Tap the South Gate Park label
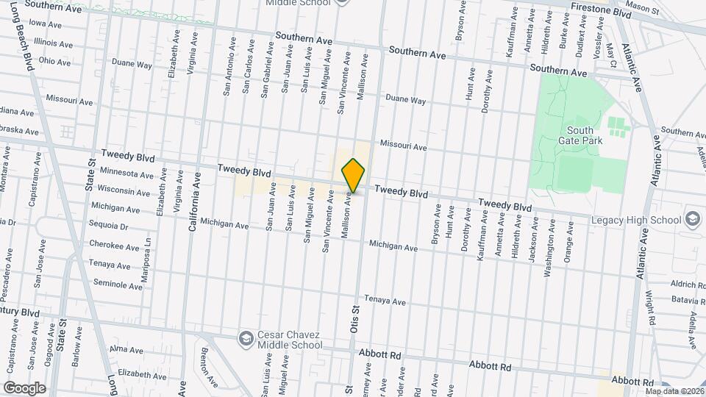(x=580, y=136)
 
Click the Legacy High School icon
(x=692, y=220)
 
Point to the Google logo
(x=24, y=387)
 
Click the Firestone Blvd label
(x=602, y=14)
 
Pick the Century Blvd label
(x=20, y=312)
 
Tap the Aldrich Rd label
(x=688, y=285)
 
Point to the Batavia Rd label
(x=688, y=299)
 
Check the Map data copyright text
(x=674, y=391)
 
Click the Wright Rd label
(x=650, y=308)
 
